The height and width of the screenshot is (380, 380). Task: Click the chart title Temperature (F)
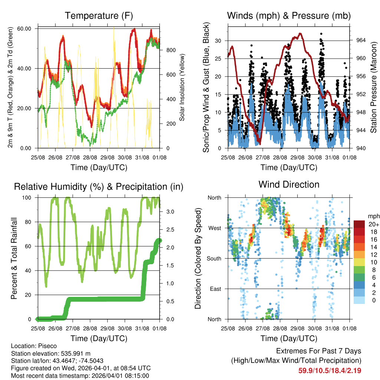tap(99, 16)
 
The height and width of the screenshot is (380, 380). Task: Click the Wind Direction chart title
tap(289, 184)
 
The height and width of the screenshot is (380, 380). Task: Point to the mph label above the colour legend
tap(373, 216)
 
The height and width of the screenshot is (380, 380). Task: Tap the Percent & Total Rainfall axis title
tap(14, 258)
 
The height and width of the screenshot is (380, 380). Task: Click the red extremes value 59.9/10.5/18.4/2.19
tap(330, 370)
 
